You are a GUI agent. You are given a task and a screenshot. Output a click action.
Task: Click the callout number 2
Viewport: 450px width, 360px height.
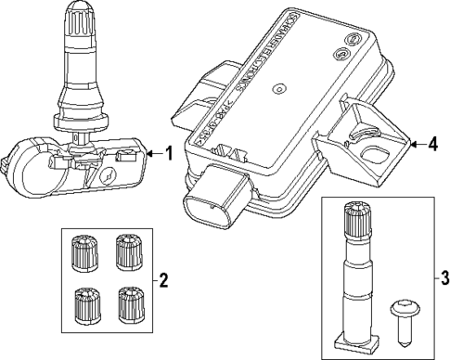[x=163, y=278]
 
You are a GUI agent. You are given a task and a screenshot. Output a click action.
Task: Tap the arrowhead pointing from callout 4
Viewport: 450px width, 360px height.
[x=411, y=144]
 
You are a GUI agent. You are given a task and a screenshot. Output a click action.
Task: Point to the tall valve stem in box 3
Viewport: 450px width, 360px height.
[x=356, y=278]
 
